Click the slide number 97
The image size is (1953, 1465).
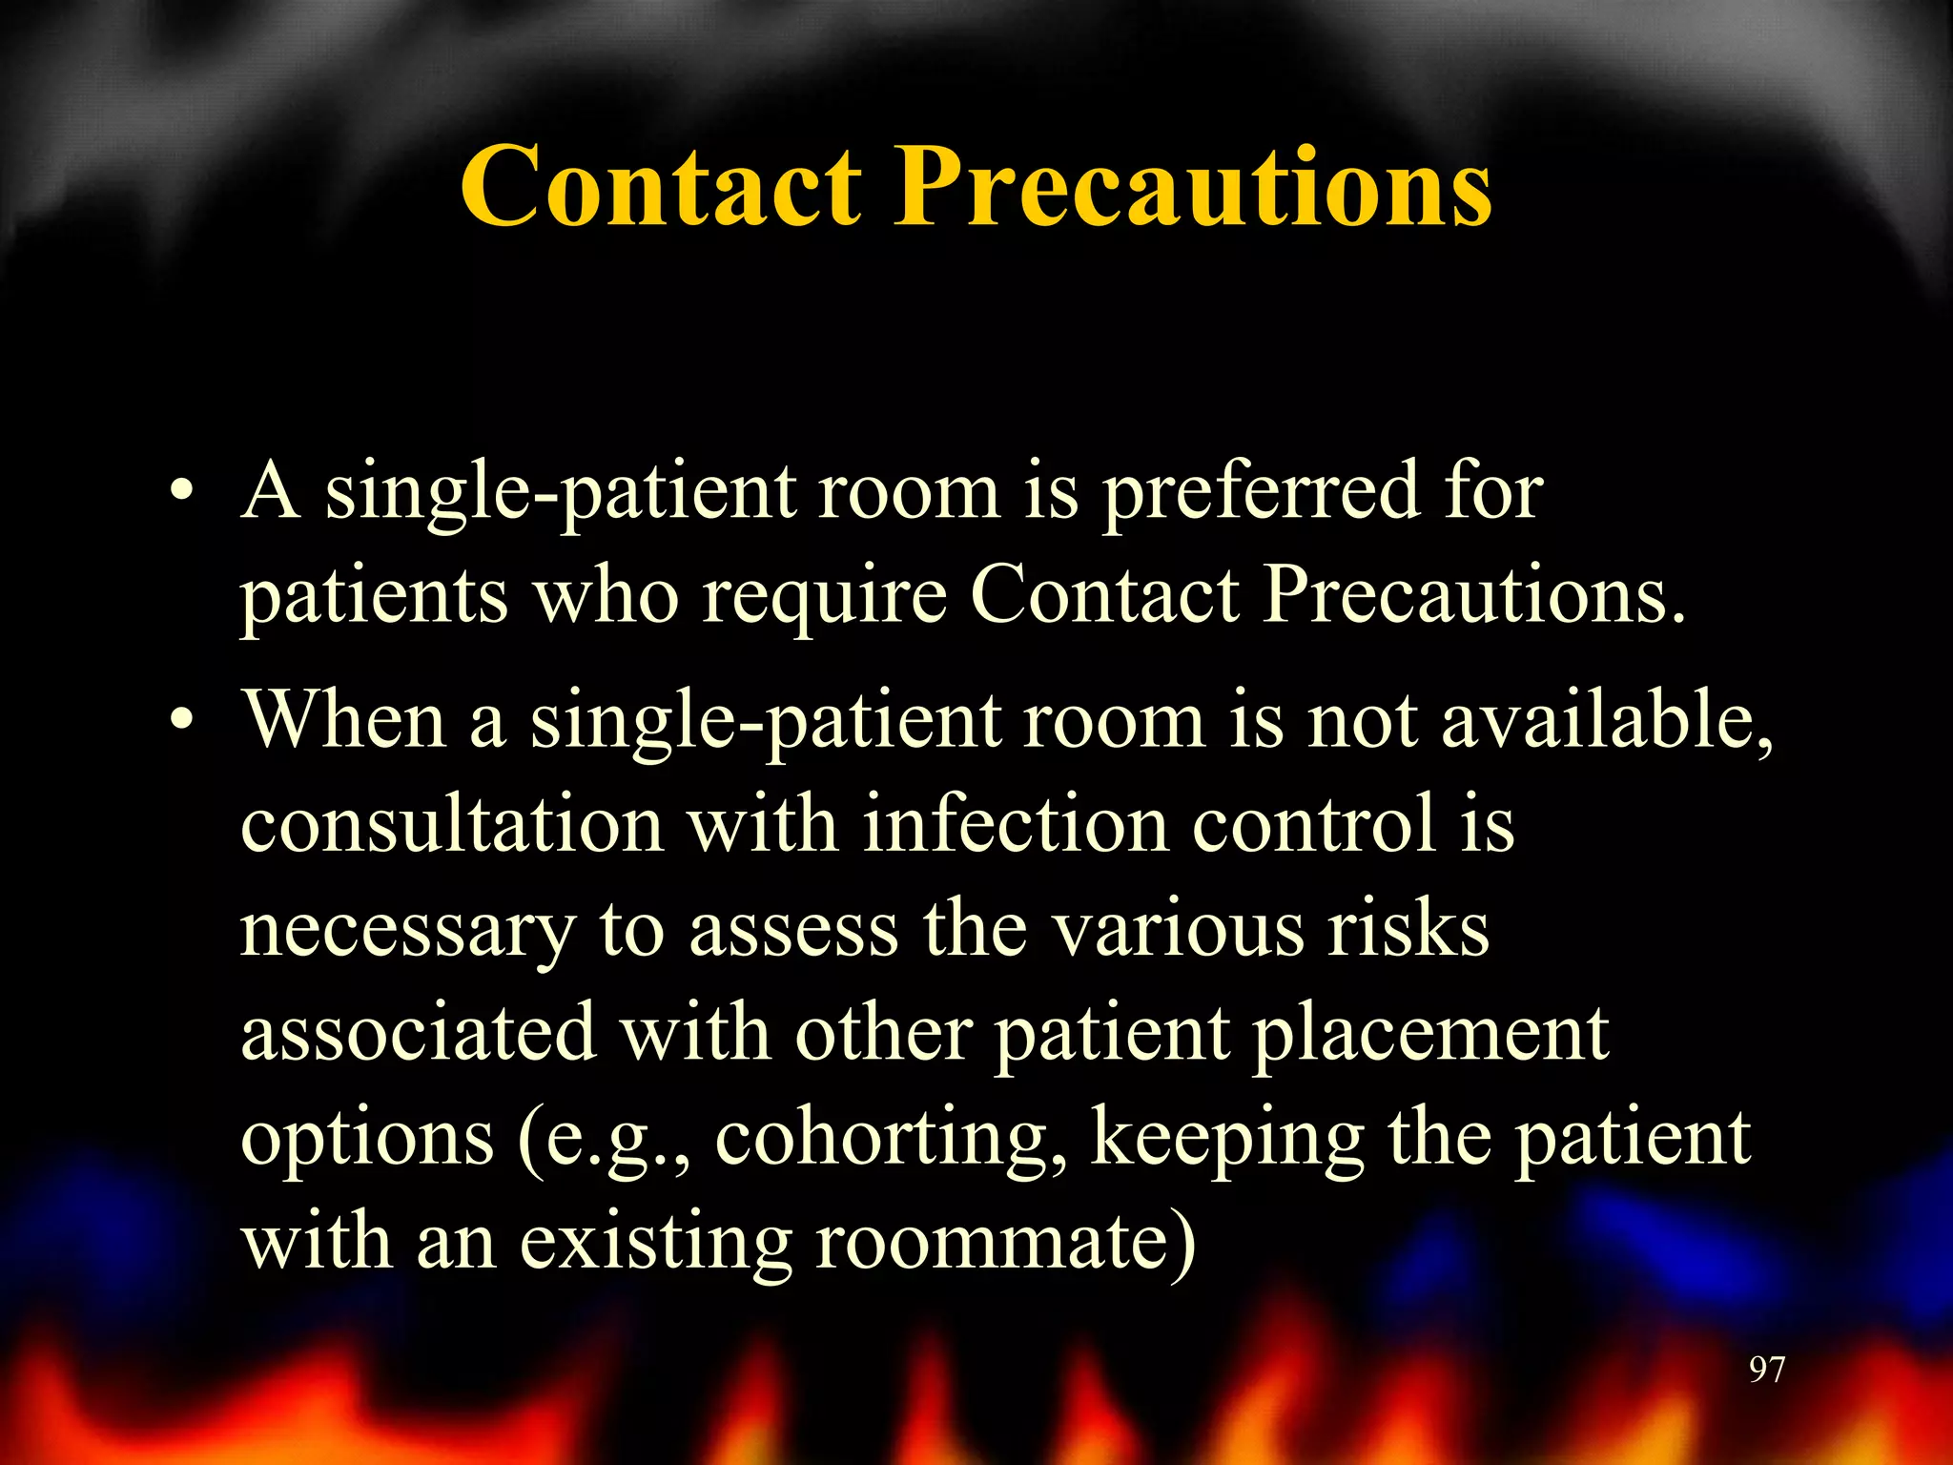click(x=1766, y=1370)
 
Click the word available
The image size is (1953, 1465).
click(x=1606, y=722)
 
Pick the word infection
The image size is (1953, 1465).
click(x=1015, y=825)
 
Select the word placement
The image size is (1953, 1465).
click(x=1430, y=1036)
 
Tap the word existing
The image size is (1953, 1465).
click(x=654, y=1244)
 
